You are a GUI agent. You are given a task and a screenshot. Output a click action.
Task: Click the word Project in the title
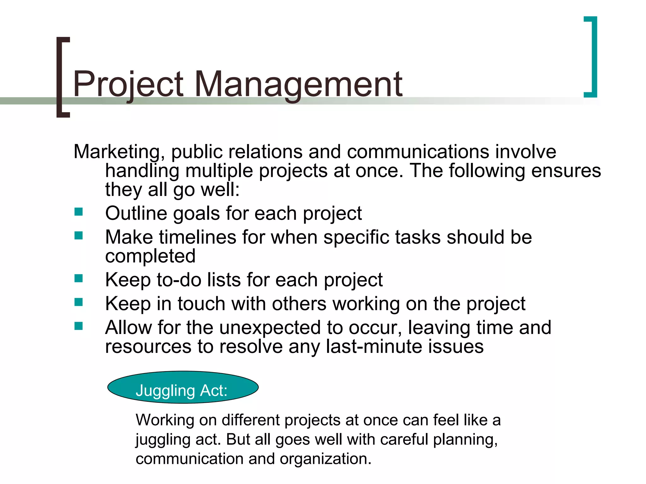(x=128, y=84)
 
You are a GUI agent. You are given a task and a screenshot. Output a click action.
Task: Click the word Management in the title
(x=298, y=84)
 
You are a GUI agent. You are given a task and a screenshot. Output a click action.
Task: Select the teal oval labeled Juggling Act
(x=183, y=387)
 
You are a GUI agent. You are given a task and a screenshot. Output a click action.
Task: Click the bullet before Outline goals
(x=79, y=212)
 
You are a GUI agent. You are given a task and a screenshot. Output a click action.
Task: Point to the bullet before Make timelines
(x=79, y=235)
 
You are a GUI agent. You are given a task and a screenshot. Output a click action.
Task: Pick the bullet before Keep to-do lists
(x=79, y=278)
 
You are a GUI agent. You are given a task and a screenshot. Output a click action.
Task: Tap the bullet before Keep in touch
(x=79, y=302)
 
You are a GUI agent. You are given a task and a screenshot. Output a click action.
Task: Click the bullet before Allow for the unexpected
(x=79, y=326)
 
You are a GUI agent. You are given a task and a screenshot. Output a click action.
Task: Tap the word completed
(x=150, y=256)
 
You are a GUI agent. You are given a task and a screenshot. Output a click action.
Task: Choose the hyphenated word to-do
(x=179, y=280)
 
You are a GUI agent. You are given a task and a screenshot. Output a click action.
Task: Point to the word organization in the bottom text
(x=325, y=459)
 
